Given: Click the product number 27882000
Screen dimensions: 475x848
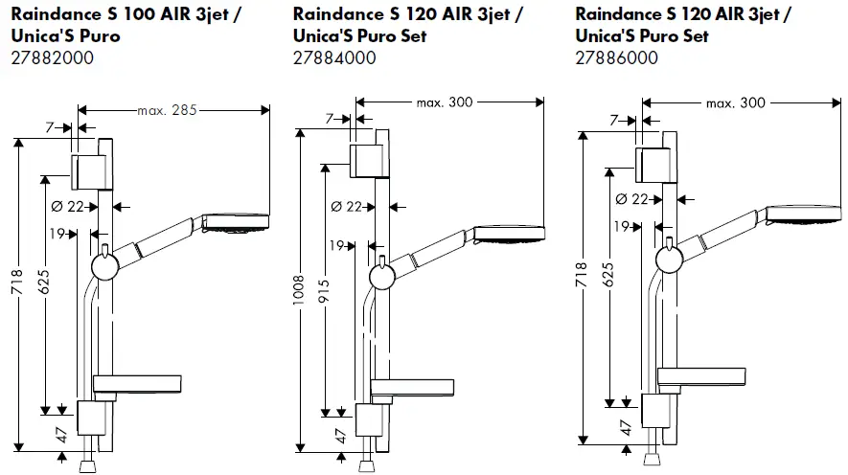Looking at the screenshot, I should (54, 57).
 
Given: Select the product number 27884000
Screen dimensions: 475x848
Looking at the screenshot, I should (334, 57).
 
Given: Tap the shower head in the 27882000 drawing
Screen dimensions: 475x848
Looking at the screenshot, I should (239, 223).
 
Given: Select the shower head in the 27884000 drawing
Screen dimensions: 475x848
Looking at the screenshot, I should (508, 233).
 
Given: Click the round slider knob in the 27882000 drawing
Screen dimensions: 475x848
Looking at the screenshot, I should (103, 263).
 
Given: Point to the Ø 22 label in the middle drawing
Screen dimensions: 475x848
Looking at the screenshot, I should (346, 207).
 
